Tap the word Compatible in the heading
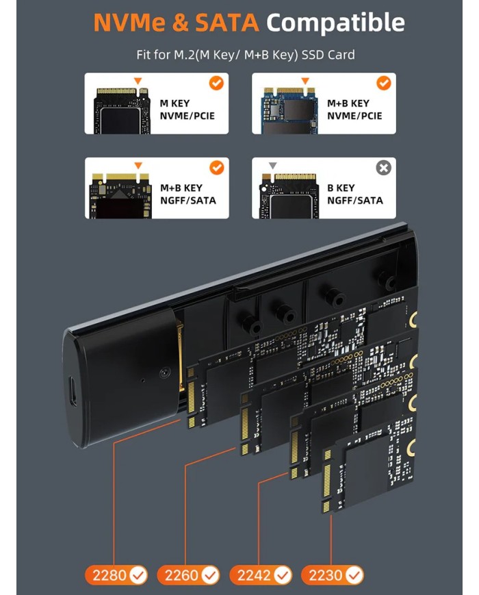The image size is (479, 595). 335,23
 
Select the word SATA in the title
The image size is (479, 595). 226,23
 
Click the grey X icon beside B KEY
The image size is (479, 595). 384,168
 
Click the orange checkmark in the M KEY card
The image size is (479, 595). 216,84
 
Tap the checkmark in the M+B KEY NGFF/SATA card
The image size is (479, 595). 216,168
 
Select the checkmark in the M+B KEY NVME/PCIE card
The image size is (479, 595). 384,84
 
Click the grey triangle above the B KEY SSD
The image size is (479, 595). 273,166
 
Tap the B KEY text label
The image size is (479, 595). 341,188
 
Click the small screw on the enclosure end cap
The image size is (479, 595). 165,373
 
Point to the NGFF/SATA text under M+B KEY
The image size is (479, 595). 187,201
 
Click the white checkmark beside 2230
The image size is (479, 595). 354,574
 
